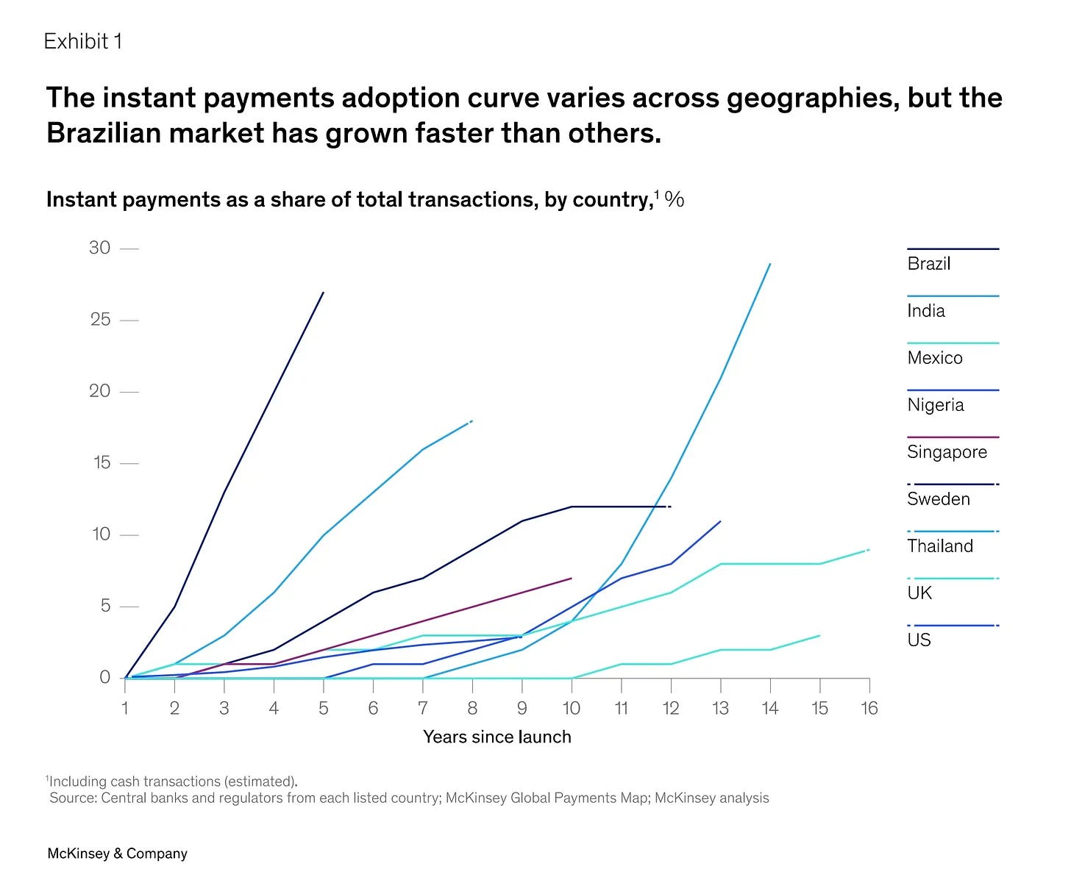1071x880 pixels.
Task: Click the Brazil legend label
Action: (x=928, y=263)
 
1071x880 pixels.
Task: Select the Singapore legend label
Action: (x=947, y=451)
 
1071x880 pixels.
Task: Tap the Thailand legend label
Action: (x=940, y=545)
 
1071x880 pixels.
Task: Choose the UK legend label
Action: (x=919, y=593)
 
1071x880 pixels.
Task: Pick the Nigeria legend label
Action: (x=936, y=405)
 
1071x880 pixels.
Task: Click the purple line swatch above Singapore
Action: (x=953, y=437)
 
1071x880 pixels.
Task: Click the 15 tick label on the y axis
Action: (x=102, y=462)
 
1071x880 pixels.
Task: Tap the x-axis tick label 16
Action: (x=869, y=708)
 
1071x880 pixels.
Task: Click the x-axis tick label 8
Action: (x=472, y=708)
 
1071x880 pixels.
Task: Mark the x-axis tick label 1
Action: (x=125, y=708)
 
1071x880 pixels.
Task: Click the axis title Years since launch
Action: (x=497, y=737)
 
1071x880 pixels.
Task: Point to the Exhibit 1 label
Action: (x=83, y=41)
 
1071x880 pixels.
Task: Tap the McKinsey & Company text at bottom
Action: (x=117, y=853)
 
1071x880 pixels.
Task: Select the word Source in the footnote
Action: (x=73, y=798)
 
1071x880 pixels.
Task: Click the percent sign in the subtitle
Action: (x=674, y=199)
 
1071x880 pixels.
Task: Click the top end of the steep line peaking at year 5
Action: (x=323, y=293)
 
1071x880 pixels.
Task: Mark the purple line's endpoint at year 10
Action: (x=572, y=578)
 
